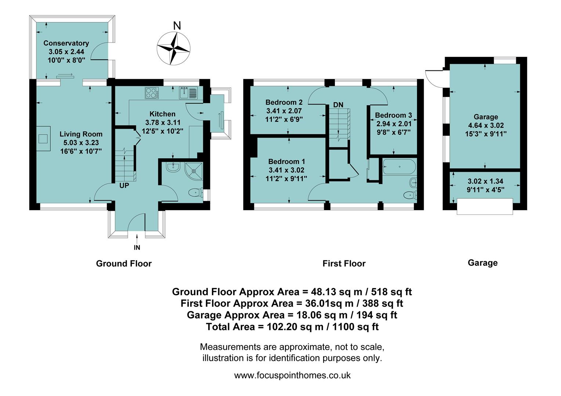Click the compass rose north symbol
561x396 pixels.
[174, 48]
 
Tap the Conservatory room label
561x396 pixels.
[66, 43]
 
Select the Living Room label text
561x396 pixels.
[81, 134]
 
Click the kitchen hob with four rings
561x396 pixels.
[152, 93]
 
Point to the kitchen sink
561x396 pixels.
[188, 93]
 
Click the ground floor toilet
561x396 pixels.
[195, 192]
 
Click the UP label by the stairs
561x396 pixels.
[124, 186]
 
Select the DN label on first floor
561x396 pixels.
[338, 105]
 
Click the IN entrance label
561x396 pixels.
[137, 248]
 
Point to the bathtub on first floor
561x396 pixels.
[399, 167]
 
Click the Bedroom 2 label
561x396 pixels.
[284, 102]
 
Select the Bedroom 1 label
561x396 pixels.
[286, 162]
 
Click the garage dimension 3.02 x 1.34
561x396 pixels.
[485, 181]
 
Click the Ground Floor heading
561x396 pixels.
[124, 264]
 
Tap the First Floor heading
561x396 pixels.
[344, 264]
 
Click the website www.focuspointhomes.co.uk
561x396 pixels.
[292, 375]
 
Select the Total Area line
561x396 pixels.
[292, 327]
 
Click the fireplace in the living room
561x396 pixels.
[43, 139]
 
